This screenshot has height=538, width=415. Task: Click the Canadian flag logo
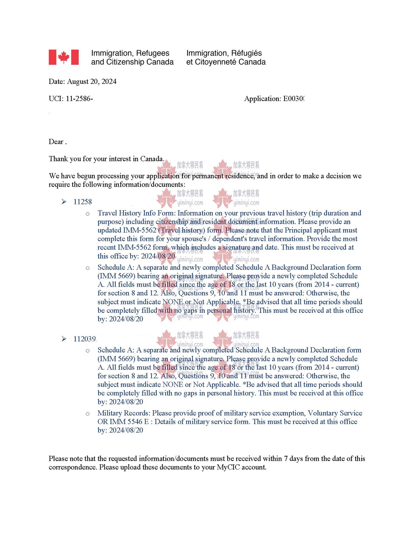tap(64, 57)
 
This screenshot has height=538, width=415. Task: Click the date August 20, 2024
tap(92, 81)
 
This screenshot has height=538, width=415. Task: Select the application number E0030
tap(293, 99)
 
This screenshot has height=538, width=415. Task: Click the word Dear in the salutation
tap(56, 142)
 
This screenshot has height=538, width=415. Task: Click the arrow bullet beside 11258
tap(64, 202)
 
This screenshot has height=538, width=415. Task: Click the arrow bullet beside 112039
tap(64, 339)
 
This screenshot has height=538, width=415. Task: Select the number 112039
tap(85, 339)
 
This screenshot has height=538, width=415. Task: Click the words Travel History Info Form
tap(136, 213)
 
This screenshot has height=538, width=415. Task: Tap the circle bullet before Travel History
tap(88, 214)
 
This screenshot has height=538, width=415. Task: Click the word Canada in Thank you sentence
tap(152, 159)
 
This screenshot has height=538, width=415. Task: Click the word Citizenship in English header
tap(125, 62)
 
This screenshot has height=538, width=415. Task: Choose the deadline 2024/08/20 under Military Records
tap(126, 430)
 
